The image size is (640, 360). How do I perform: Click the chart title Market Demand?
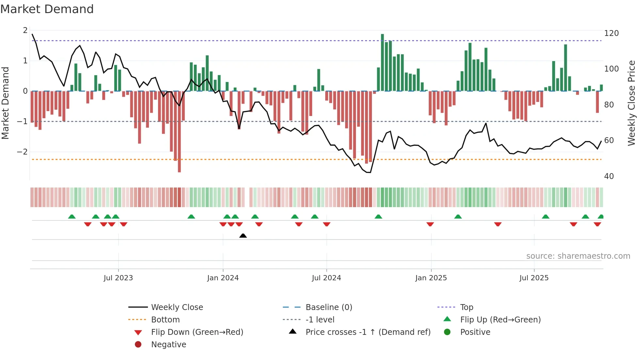click(47, 9)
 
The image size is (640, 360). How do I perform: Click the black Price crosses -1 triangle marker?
click(243, 236)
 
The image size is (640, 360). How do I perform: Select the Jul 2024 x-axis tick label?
click(326, 278)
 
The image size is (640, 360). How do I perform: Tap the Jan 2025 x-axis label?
click(431, 278)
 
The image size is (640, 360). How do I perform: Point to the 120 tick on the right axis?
click(611, 33)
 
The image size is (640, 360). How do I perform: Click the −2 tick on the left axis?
click(22, 152)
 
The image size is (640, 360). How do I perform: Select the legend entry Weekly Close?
click(177, 307)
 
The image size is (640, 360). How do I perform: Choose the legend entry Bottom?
click(165, 320)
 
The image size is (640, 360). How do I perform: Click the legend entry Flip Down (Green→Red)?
click(197, 332)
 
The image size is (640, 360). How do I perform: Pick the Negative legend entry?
click(168, 345)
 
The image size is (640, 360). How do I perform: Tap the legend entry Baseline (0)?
click(328, 307)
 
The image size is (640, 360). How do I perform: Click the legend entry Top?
click(466, 307)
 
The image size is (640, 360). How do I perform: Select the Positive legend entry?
click(475, 332)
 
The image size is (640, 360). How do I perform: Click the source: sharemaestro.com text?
click(578, 256)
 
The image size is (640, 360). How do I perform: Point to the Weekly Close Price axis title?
click(632, 103)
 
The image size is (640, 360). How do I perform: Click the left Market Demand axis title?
click(5, 103)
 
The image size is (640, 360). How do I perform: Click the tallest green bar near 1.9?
click(382, 62)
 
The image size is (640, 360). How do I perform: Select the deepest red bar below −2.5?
click(179, 131)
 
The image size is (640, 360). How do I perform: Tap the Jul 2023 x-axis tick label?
click(118, 278)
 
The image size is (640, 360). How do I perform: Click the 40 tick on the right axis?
click(609, 176)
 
